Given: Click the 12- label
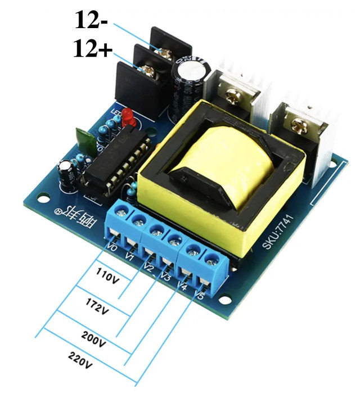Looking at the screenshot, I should click(x=93, y=21).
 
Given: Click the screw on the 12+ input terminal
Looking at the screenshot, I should click(x=148, y=70).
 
